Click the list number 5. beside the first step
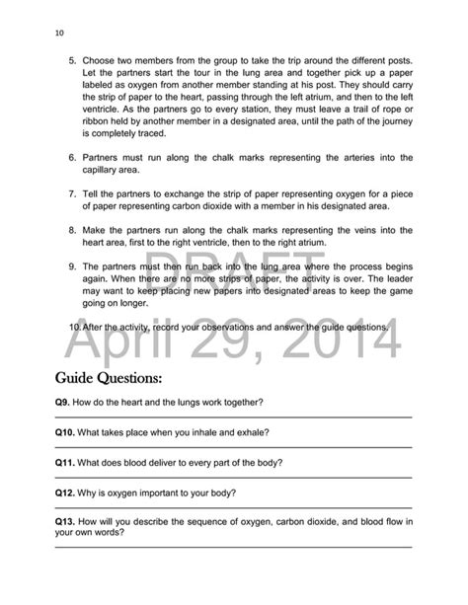(x=72, y=60)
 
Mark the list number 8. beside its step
(x=72, y=228)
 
